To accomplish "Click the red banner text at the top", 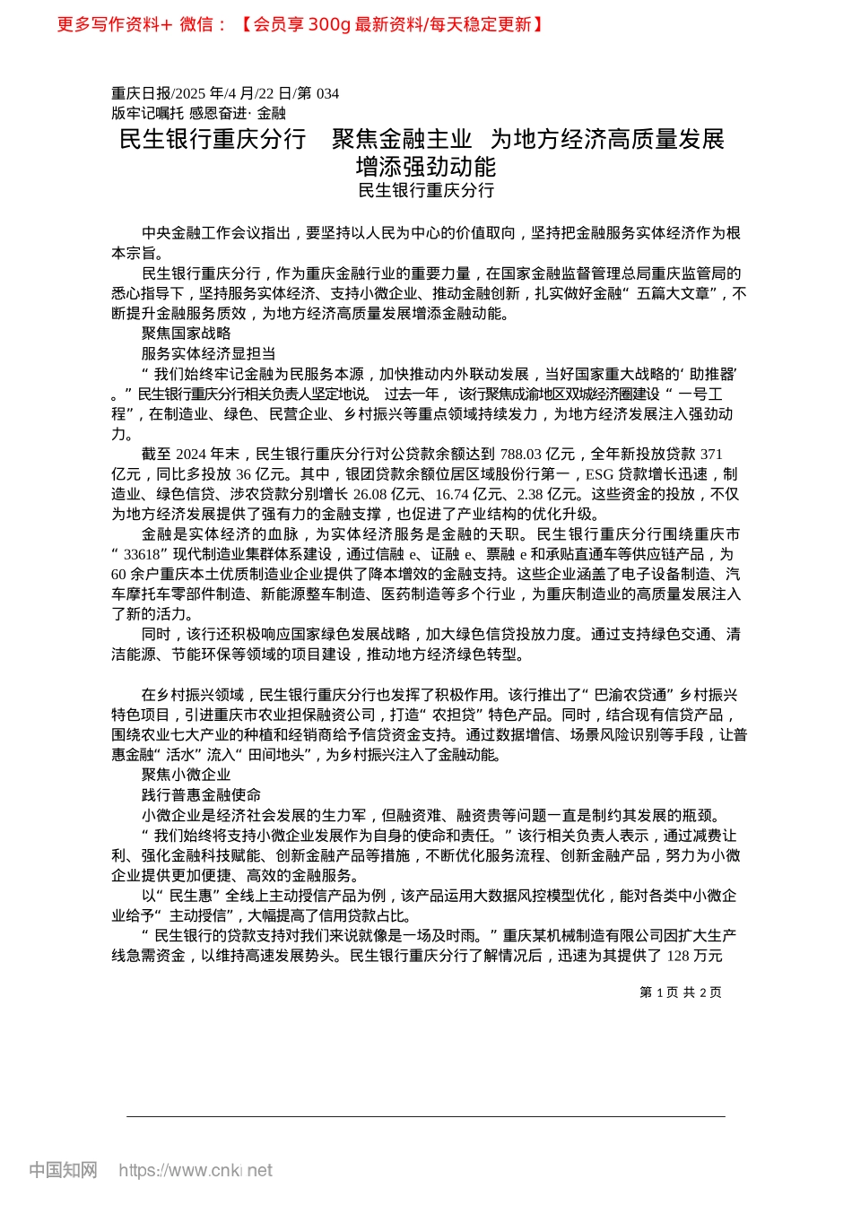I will coord(300,25).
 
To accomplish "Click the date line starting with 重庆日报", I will coord(225,93).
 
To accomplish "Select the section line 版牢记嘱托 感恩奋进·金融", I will coord(198,113).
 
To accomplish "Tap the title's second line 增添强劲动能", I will coord(426,167).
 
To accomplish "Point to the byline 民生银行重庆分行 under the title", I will coord(426,190).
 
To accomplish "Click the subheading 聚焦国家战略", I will coord(186,334).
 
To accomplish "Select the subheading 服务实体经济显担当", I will coord(208,353).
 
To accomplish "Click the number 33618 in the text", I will coord(142,554).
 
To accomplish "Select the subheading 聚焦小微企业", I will coord(186,775).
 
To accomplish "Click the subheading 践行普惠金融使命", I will coord(201,795).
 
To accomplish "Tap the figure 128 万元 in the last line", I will coord(695,956).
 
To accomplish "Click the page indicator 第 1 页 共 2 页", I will coord(681,993).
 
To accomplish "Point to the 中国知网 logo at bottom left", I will coord(63,1170).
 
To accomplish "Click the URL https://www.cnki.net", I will coord(196,1170).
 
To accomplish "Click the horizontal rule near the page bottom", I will coord(426,1116).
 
